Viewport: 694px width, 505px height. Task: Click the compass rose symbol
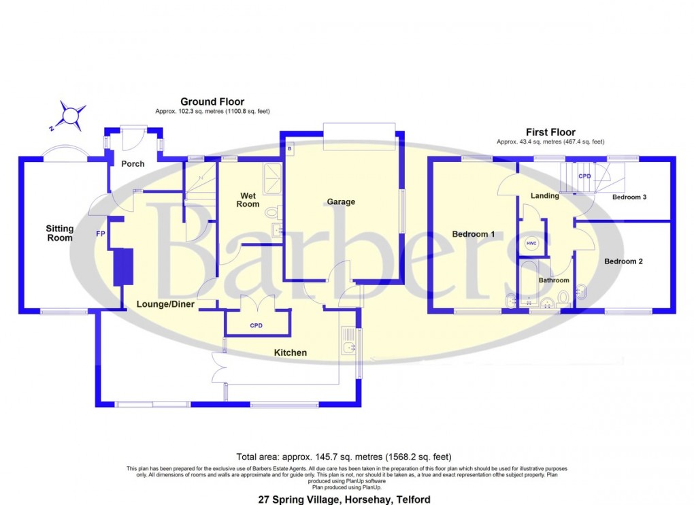(71, 116)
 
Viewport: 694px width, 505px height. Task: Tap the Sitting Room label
(59, 233)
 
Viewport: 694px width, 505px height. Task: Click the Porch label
(133, 164)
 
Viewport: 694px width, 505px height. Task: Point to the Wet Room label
(248, 200)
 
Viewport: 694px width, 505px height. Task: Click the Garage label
(341, 201)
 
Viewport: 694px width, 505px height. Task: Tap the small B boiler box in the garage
(288, 148)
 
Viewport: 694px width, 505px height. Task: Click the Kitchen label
(290, 353)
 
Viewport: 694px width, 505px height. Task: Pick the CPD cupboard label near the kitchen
(257, 326)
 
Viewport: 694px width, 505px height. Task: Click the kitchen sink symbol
(349, 346)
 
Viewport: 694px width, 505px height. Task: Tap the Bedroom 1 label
(473, 234)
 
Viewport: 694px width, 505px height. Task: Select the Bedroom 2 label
(624, 261)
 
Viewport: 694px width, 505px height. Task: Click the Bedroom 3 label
(629, 197)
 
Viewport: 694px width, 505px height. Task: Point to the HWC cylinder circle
(530, 244)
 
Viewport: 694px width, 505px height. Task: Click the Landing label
(544, 196)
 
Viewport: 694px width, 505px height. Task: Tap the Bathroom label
(554, 280)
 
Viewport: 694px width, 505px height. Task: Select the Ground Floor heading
(212, 102)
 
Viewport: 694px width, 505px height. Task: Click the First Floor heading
(550, 132)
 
